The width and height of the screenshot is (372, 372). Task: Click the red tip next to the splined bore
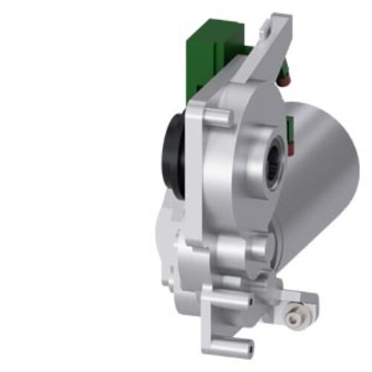pyautogui.click(x=292, y=153)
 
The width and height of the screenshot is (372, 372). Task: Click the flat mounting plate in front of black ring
pyautogui.click(x=195, y=171)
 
